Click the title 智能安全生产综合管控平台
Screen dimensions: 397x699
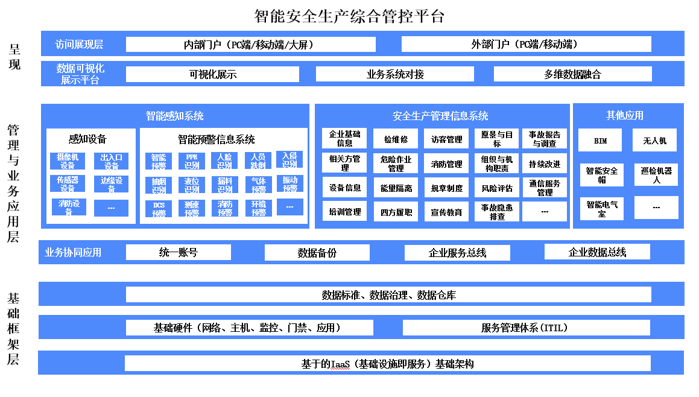tap(349, 16)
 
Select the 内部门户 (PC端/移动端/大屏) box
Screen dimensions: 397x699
tap(250, 45)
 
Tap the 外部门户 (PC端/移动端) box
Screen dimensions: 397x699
tap(526, 45)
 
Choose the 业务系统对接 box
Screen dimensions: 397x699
tap(395, 74)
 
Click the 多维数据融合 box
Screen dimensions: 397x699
tap(572, 74)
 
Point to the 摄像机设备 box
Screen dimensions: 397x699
tap(68, 161)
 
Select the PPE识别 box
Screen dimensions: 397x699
tap(192, 161)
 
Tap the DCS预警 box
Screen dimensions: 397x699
tap(159, 209)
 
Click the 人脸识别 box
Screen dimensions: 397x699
tap(224, 161)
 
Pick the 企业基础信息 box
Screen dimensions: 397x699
tap(344, 139)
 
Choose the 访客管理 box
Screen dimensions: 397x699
tap(446, 139)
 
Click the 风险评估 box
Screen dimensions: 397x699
tap(497, 188)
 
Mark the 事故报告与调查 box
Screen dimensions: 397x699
tap(545, 139)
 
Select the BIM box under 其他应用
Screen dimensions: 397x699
tap(600, 141)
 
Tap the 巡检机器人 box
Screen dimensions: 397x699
tap(656, 175)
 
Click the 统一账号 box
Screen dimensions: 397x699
tap(178, 253)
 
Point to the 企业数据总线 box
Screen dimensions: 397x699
tap(597, 252)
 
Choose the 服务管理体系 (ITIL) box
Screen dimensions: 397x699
tap(526, 328)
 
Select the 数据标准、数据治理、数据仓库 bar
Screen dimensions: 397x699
tap(388, 295)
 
